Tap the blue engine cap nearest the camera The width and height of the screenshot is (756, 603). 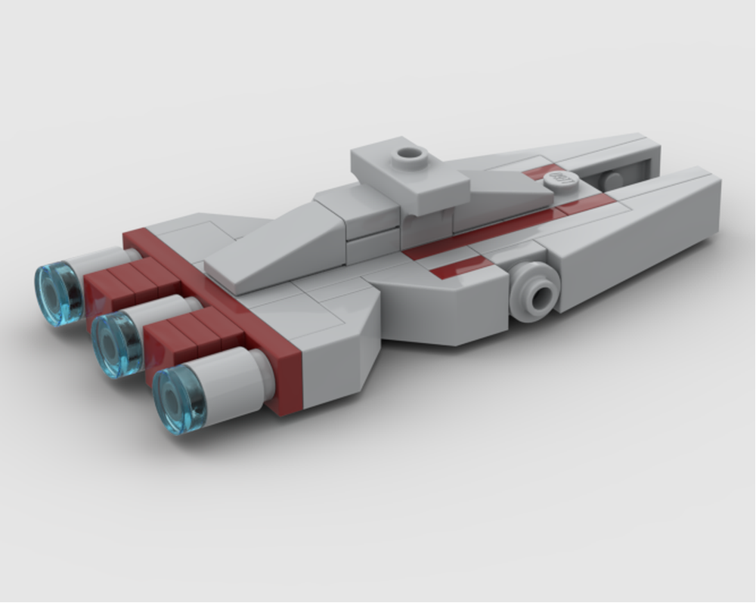179,400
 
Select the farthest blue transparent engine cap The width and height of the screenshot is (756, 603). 58,293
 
